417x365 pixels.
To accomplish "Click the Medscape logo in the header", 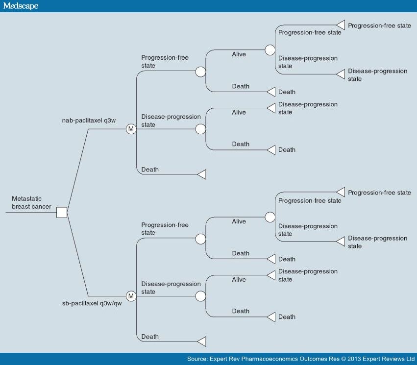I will [21, 6].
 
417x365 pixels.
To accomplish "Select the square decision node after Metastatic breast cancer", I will [62, 213].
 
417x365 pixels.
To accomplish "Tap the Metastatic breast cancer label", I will [31, 202].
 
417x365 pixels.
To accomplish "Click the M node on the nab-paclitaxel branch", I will [131, 129].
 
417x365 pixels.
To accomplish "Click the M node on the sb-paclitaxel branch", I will [131, 296].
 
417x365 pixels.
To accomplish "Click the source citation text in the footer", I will [301, 359].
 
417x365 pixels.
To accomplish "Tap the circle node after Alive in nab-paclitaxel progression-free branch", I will [270, 50].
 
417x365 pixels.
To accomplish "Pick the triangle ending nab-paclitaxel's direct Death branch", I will [201, 174].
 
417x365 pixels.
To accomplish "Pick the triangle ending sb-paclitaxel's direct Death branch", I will [201, 341].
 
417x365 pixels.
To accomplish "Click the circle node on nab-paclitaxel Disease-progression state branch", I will [200, 129].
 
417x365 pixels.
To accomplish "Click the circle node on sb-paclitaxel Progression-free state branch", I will [200, 239].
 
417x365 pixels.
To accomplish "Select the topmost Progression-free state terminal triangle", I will [341, 25].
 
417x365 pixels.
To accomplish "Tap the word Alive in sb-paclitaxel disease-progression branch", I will [239, 280].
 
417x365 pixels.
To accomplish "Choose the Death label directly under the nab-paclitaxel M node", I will [150, 170].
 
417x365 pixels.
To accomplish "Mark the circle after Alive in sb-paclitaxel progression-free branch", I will [270, 217].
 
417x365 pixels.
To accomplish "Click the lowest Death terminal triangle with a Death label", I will [271, 317].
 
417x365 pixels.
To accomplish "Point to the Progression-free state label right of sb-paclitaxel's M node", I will [165, 229].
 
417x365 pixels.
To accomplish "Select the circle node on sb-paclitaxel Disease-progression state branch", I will [200, 296].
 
